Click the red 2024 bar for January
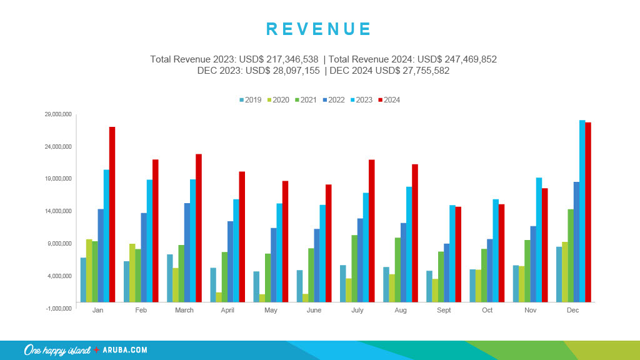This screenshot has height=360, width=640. [112, 214]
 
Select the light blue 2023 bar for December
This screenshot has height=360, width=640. [582, 211]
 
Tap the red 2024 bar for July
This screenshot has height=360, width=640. [371, 231]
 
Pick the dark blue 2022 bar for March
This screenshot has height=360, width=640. [187, 252]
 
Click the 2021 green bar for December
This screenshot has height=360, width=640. [570, 256]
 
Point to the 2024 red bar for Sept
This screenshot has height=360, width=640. [458, 254]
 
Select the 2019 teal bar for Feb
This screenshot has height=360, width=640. [126, 281]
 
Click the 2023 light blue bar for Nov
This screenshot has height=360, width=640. [539, 239]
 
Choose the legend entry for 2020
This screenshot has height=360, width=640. [278, 100]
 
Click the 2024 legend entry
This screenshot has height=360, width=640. [389, 100]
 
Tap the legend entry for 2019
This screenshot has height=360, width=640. [250, 100]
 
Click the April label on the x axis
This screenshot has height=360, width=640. [227, 311]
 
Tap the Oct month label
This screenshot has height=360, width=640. [487, 311]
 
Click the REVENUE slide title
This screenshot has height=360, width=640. [319, 29]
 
